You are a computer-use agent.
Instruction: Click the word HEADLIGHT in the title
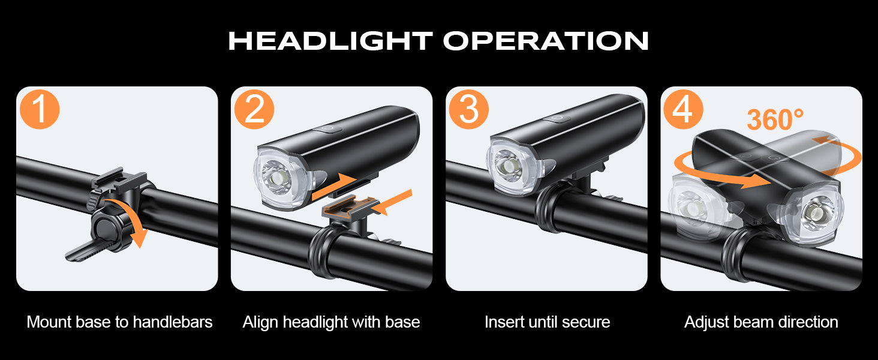click(x=330, y=41)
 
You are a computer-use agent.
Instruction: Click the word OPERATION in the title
click(x=546, y=41)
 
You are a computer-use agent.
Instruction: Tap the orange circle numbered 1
click(x=40, y=109)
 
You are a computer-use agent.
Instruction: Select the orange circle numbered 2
click(x=254, y=109)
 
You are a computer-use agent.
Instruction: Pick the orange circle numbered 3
click(x=469, y=109)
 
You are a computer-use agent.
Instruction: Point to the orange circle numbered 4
click(x=683, y=109)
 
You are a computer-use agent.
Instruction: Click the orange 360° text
click(x=775, y=119)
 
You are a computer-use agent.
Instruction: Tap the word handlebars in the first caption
click(x=173, y=322)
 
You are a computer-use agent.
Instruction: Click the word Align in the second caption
click(x=261, y=323)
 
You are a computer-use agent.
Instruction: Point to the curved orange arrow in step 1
click(x=135, y=220)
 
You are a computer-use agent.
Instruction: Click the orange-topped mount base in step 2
click(x=350, y=206)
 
